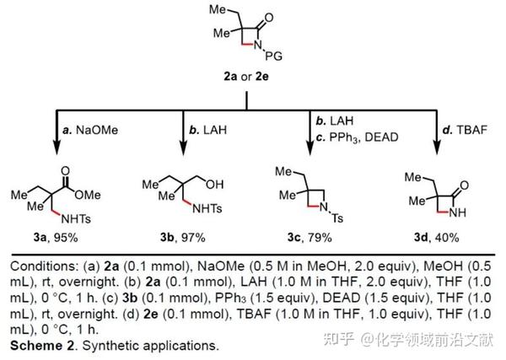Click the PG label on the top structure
[x=273, y=58]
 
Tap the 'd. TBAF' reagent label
[x=465, y=130]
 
